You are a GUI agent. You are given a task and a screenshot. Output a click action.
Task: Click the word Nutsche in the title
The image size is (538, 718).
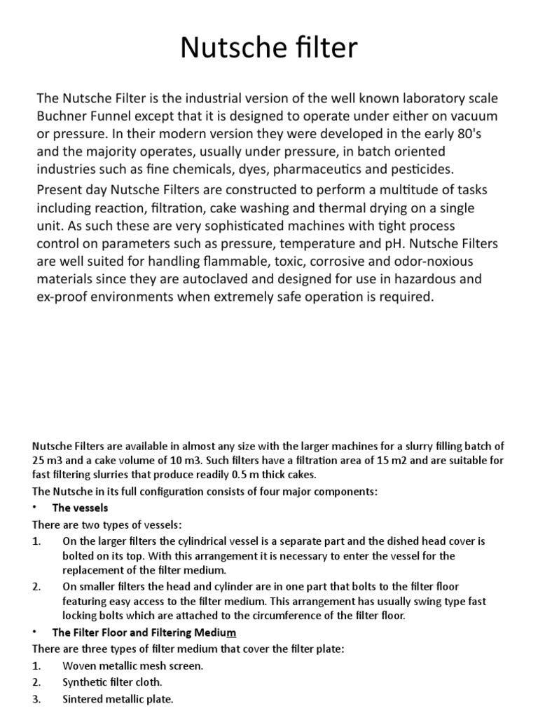point(223,48)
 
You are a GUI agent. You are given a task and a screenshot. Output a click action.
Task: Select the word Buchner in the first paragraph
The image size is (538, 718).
point(65,115)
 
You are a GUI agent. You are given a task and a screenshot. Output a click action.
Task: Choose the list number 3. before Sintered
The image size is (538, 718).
point(37,698)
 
